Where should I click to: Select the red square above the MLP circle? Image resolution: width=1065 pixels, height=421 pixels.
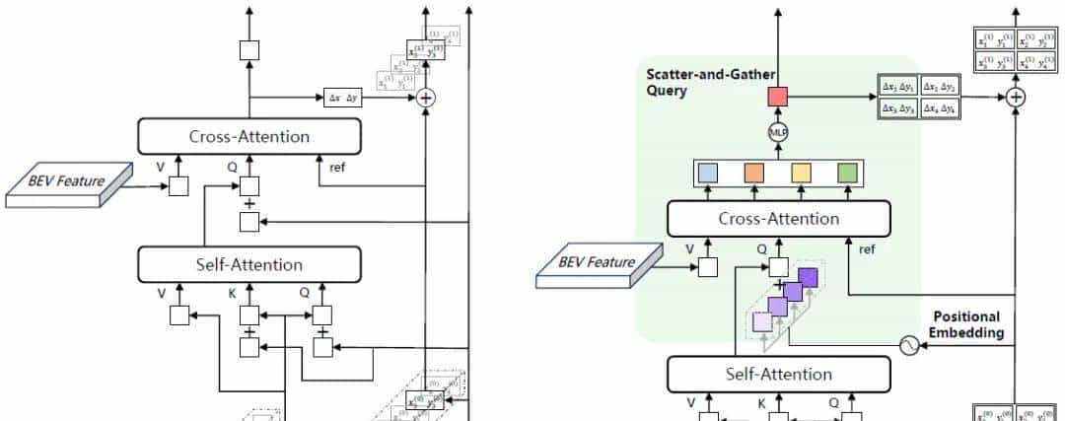tap(778, 97)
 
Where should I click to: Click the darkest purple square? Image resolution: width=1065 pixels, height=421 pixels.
tap(808, 279)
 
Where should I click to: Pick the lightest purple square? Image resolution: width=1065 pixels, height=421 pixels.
tap(762, 320)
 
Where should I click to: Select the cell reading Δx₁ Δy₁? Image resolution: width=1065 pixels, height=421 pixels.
tap(897, 87)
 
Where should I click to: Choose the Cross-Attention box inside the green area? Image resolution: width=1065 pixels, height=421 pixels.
tap(778, 219)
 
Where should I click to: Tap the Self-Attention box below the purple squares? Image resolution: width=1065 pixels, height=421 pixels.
tap(778, 374)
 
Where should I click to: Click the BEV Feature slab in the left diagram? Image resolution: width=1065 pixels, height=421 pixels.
tap(69, 184)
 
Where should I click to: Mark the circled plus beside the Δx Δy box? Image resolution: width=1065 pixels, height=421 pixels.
tap(426, 98)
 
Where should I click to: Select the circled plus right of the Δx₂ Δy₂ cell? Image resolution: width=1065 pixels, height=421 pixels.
tap(1016, 98)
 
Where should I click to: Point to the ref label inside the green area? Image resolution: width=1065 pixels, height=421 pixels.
tap(868, 249)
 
